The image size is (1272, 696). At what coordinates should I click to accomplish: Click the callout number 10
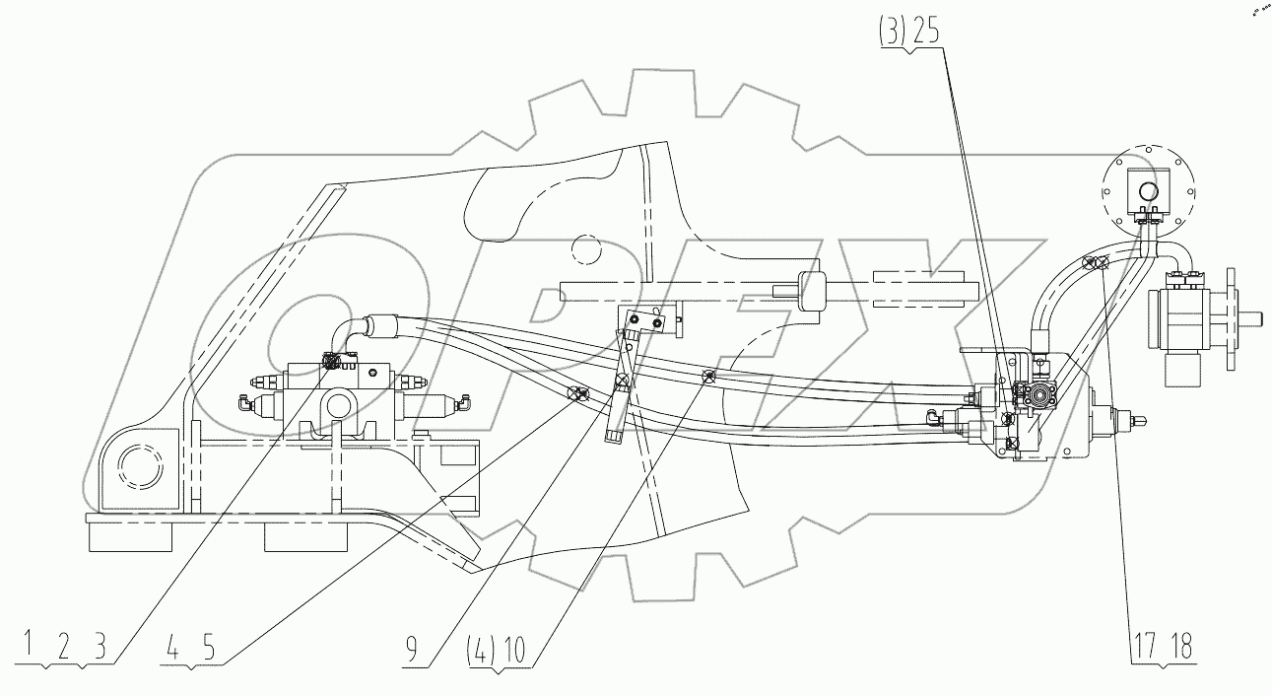514,650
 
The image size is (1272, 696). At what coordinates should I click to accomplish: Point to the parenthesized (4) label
483,650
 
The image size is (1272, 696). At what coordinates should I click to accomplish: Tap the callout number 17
1146,648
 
